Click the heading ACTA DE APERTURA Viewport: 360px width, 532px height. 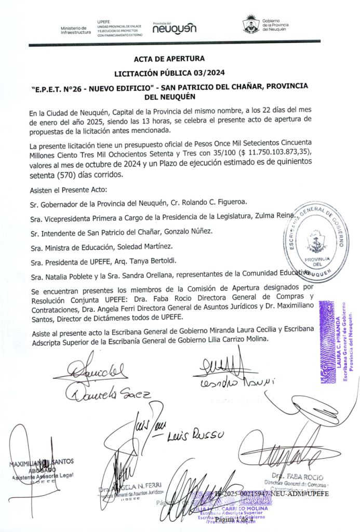169,59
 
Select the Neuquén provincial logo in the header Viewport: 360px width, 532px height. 175,29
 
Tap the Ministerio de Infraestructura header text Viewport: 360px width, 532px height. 75,30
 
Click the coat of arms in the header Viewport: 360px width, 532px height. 251,24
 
